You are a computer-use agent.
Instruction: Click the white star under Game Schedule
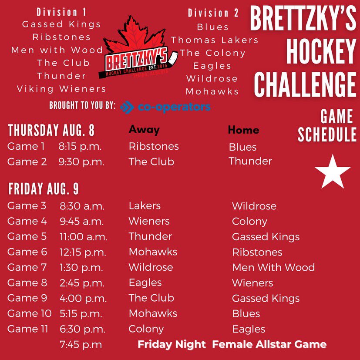(x=333, y=172)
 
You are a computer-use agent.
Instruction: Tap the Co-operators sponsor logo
(x=165, y=107)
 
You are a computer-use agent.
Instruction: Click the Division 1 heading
(x=61, y=12)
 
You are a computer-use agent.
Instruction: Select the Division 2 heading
(x=213, y=13)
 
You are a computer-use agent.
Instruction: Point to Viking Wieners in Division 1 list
(x=61, y=89)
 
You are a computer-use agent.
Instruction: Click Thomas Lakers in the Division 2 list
(x=215, y=40)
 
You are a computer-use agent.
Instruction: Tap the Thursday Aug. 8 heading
(x=51, y=130)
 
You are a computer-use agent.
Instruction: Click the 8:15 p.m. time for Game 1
(x=81, y=146)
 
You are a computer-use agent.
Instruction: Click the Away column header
(x=144, y=130)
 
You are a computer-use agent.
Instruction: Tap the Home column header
(x=243, y=130)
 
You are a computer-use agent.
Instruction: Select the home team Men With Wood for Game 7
(x=273, y=267)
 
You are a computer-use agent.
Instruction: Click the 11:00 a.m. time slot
(x=83, y=237)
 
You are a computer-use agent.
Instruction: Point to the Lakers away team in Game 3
(x=145, y=206)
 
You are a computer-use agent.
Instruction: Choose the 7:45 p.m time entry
(x=81, y=345)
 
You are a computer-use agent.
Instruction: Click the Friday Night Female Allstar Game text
(x=232, y=344)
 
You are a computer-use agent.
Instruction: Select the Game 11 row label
(x=27, y=329)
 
